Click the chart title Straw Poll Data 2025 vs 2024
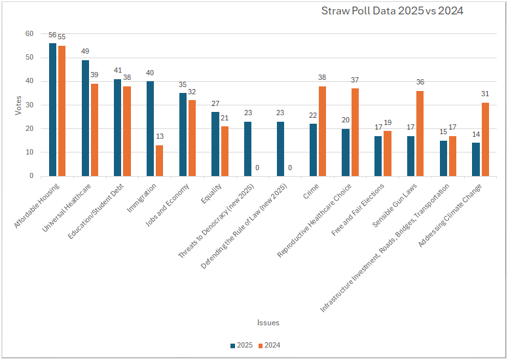point(392,11)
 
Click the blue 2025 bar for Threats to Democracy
point(248,149)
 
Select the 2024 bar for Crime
point(322,131)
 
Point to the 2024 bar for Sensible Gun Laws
point(420,134)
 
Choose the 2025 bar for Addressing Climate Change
point(476,159)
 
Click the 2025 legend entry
point(242,345)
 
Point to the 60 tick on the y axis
point(29,33)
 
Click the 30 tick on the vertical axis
point(29,105)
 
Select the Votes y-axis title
point(18,105)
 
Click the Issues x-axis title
point(268,322)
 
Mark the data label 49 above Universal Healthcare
point(85,51)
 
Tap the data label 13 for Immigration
point(160,137)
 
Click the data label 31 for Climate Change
point(485,94)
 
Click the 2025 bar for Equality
point(215,144)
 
